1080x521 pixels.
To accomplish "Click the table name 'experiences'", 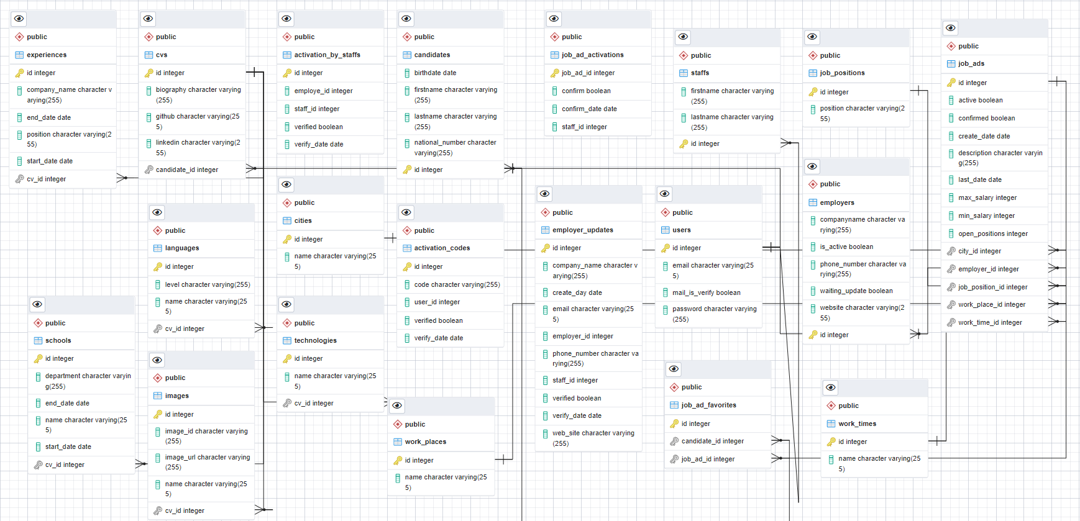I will coord(47,55).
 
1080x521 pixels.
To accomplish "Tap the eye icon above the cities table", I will coord(286,184).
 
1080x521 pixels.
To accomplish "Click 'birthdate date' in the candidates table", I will coord(435,73).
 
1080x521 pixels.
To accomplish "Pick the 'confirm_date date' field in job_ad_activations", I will coord(589,109).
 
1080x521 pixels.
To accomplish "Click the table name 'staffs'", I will coord(700,73).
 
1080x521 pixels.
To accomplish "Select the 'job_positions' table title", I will coord(842,73).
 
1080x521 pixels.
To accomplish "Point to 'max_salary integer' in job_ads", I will coord(987,197).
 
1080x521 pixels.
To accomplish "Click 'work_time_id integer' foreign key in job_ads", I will coord(990,322).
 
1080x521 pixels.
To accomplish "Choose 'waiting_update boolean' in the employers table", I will coord(856,291).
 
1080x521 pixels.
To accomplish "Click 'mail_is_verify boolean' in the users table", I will coord(706,292).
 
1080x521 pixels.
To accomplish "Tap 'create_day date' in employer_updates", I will coord(577,292).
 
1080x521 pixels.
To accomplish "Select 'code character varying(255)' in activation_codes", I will coord(457,284).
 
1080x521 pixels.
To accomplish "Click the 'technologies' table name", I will coord(315,340).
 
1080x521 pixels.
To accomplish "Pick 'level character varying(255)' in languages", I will coord(208,284).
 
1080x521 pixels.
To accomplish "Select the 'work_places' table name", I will coord(425,442).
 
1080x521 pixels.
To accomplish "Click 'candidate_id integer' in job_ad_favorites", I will coord(712,441).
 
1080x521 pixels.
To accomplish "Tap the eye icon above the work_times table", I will coord(831,387).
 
